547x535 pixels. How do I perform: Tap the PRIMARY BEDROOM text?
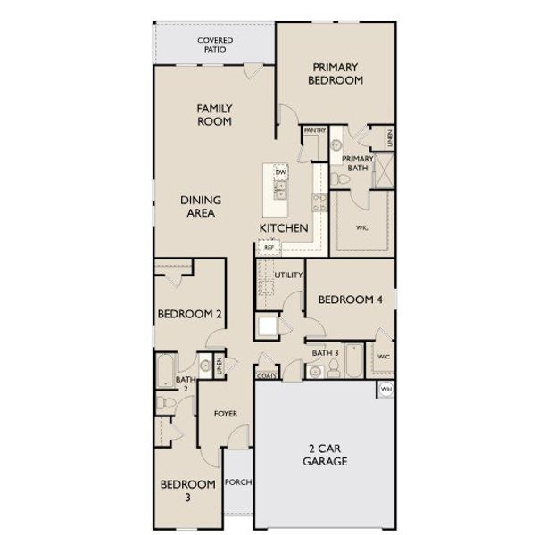click(x=335, y=73)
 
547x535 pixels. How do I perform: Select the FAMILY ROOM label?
click(x=214, y=114)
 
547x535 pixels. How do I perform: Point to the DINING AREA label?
click(x=200, y=206)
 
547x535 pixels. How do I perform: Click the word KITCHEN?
click(x=284, y=229)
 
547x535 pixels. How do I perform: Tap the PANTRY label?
click(x=314, y=130)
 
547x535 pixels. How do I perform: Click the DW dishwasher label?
click(x=279, y=172)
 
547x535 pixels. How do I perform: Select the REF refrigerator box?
click(x=268, y=247)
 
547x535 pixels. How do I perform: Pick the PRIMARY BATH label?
click(x=358, y=163)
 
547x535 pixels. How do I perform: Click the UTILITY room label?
click(x=289, y=275)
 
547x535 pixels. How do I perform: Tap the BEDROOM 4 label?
click(x=350, y=300)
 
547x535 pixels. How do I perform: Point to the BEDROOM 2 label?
click(x=190, y=314)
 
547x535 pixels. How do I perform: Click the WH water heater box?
click(x=386, y=390)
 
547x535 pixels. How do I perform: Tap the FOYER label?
click(x=224, y=414)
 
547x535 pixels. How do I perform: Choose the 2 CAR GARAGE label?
click(x=323, y=455)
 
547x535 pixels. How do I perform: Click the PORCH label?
click(x=238, y=482)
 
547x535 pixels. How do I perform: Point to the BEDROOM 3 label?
click(x=188, y=490)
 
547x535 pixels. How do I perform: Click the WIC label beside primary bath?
click(x=362, y=228)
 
